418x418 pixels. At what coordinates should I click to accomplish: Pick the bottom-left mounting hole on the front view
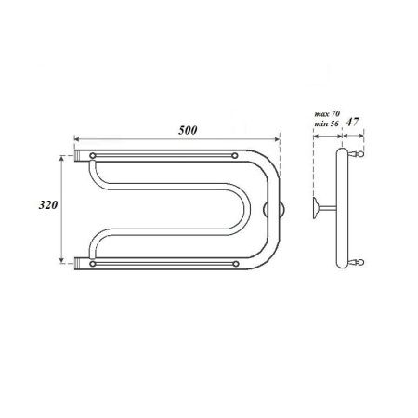[91, 263]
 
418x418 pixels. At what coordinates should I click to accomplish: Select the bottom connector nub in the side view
[357, 263]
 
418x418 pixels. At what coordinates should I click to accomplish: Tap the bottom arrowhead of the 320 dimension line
[65, 259]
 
